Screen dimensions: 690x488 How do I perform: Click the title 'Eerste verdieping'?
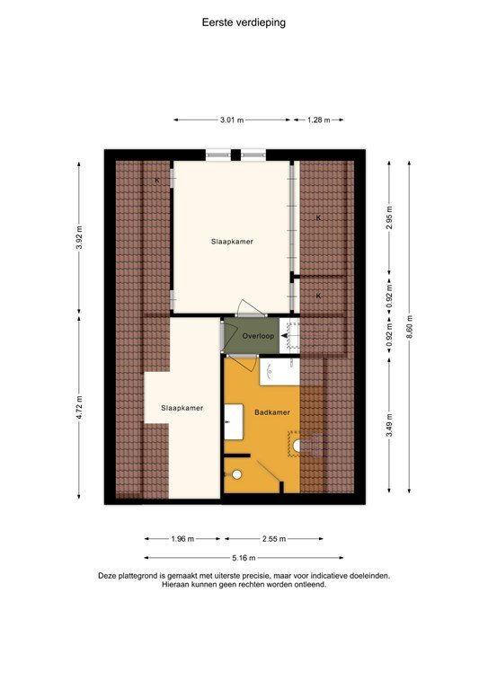(x=244, y=22)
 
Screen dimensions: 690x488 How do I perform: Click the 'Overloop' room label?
(x=259, y=335)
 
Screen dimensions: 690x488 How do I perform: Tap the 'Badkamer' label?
(x=272, y=411)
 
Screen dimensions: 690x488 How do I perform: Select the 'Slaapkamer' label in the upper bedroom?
(x=232, y=241)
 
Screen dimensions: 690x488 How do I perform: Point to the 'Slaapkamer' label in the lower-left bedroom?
(x=182, y=407)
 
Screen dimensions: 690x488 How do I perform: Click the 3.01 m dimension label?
(x=233, y=119)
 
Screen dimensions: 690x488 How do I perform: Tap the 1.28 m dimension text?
(x=319, y=119)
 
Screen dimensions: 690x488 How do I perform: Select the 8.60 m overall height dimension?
(x=410, y=325)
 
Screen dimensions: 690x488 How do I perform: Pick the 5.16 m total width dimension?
(x=232, y=556)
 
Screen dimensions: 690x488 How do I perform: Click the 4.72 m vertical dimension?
(x=79, y=407)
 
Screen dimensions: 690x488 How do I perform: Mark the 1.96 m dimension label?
(x=182, y=538)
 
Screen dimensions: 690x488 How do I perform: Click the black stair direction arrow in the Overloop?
(x=284, y=337)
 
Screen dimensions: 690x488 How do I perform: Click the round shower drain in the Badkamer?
(x=235, y=475)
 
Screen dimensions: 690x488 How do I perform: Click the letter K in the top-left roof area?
(x=157, y=181)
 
